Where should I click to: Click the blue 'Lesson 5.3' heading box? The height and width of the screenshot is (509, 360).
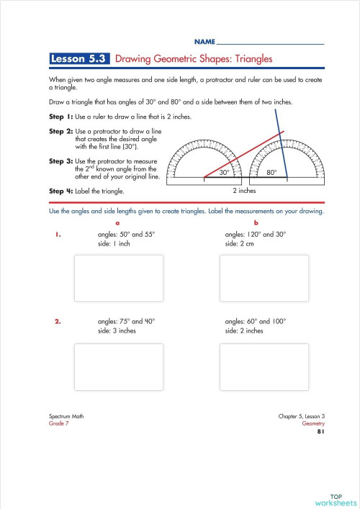click(79, 59)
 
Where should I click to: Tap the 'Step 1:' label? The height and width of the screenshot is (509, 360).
click(63, 117)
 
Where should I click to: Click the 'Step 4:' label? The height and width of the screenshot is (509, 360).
click(63, 191)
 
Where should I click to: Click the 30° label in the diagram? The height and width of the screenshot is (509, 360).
click(225, 173)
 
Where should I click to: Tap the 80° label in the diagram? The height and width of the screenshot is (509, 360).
click(271, 173)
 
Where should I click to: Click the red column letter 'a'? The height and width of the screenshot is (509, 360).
click(118, 223)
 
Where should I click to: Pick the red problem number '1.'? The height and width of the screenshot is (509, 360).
click(56, 234)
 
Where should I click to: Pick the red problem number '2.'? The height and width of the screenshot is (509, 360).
click(58, 322)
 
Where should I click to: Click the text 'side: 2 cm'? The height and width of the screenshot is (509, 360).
click(243, 243)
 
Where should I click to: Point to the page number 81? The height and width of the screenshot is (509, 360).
click(320, 432)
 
